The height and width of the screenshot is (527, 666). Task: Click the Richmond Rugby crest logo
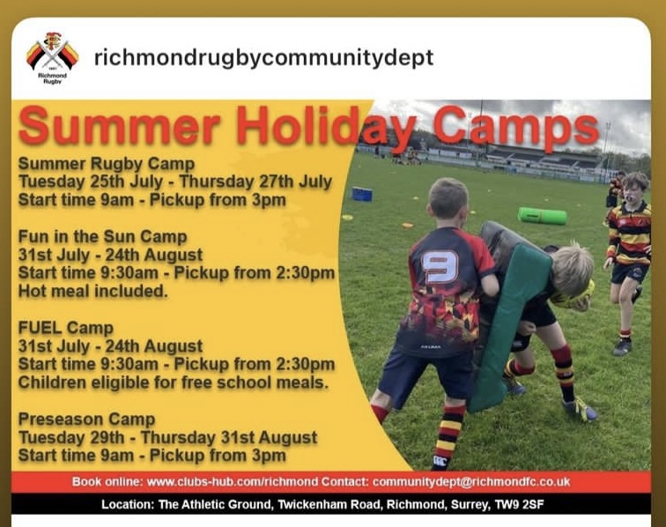tap(52, 56)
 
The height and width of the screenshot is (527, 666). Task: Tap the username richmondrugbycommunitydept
tap(263, 58)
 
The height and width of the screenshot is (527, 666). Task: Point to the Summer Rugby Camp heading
tap(107, 164)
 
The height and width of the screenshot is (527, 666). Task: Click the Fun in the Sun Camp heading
tap(102, 237)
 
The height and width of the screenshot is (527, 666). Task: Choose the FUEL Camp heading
tap(66, 328)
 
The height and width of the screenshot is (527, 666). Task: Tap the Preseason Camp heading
tap(86, 419)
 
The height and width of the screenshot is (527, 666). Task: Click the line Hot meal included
tap(92, 291)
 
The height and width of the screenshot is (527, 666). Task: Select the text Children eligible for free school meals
tap(174, 382)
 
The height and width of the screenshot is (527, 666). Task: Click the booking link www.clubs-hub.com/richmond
tap(233, 482)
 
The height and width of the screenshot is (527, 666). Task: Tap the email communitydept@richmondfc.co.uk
tap(471, 482)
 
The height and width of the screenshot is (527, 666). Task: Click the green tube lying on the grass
tap(542, 216)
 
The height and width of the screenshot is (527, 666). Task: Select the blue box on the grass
tap(362, 194)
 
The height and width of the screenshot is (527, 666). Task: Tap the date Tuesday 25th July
tap(91, 182)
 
